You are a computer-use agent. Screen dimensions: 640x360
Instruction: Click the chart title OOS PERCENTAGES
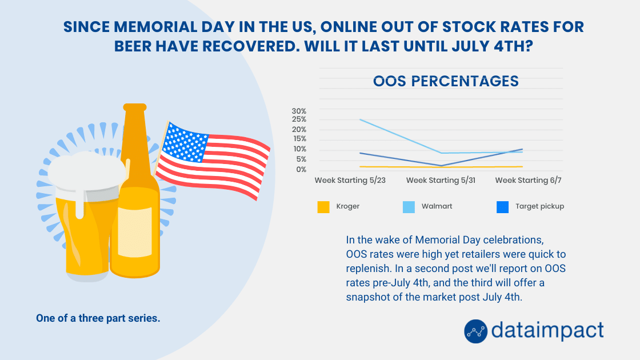coord(446,81)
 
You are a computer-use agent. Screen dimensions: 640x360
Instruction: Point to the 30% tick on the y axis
coord(299,111)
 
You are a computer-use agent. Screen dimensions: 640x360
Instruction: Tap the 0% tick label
coord(301,169)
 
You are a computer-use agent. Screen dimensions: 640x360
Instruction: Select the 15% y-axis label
coord(299,139)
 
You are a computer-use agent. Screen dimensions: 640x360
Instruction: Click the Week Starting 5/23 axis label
coord(350,180)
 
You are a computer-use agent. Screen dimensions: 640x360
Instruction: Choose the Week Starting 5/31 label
coord(441,180)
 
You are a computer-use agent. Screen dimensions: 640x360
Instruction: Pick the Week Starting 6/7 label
coord(528,180)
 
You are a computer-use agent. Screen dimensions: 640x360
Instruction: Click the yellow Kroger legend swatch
coord(323,207)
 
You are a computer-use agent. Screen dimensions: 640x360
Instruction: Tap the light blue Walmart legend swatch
coord(409,207)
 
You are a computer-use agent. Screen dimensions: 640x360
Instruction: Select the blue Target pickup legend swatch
coord(502,207)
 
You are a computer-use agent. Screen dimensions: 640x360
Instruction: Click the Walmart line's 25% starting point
coord(360,119)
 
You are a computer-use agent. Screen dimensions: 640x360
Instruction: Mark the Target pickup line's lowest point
coord(441,166)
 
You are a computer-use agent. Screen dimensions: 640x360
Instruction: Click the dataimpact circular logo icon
coord(475,331)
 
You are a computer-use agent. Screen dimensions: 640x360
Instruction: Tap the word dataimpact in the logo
coord(547,330)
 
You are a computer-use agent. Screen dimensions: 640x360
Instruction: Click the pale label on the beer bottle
coord(135,232)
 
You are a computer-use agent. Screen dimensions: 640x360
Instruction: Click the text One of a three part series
coord(98,318)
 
